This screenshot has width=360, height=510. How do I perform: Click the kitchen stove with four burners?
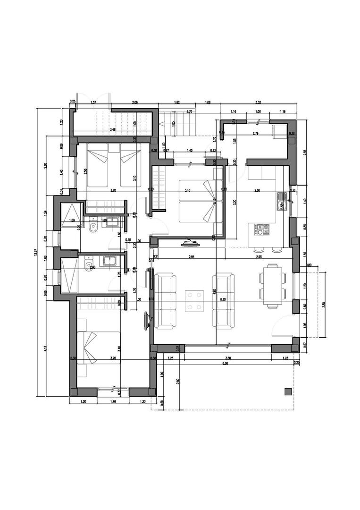click(x=262, y=229)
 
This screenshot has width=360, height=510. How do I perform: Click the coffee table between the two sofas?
click(x=194, y=301)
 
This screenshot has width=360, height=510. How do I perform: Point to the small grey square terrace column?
click(x=287, y=391)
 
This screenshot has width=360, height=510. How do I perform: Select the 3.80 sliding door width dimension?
click(x=228, y=358)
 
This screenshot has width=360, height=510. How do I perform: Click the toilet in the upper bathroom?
click(x=93, y=230)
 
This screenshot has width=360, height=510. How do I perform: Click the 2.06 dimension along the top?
click(x=134, y=102)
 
